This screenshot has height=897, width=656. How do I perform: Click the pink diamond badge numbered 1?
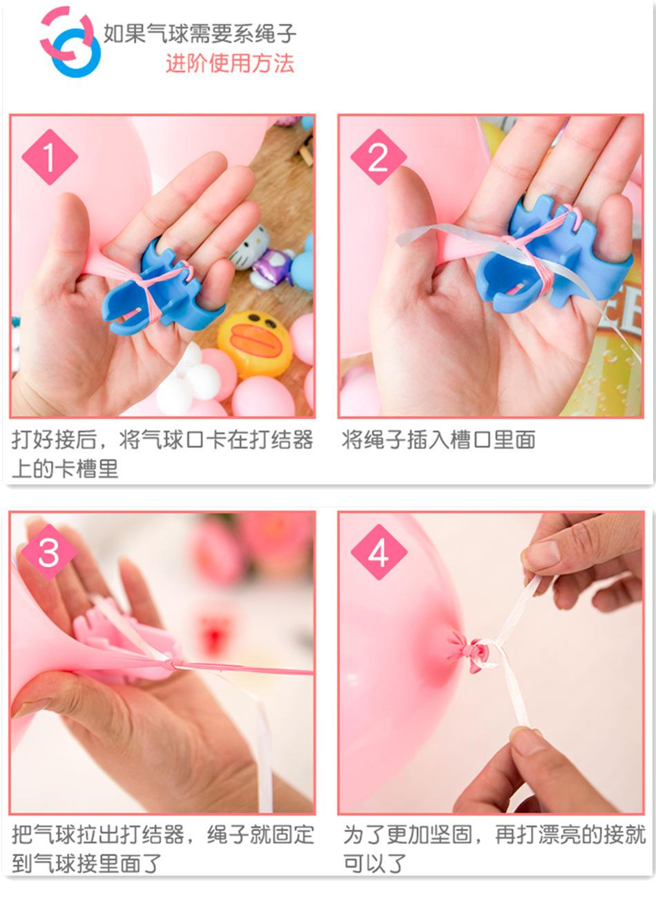pos(50,157)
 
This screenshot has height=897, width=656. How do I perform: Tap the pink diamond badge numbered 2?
pos(378,157)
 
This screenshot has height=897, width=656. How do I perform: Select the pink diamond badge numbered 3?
pos(49,552)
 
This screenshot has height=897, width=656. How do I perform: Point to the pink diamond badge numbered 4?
pos(378,552)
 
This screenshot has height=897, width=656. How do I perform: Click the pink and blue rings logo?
pos(70,41)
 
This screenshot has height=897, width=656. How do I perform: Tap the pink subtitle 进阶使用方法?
pos(230,63)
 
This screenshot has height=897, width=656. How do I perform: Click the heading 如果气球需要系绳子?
pos(200,33)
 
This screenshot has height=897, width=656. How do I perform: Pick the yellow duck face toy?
pos(255,344)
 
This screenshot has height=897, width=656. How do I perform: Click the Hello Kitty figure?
pos(249,246)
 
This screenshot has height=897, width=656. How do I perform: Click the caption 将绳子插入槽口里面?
pos(438,440)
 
